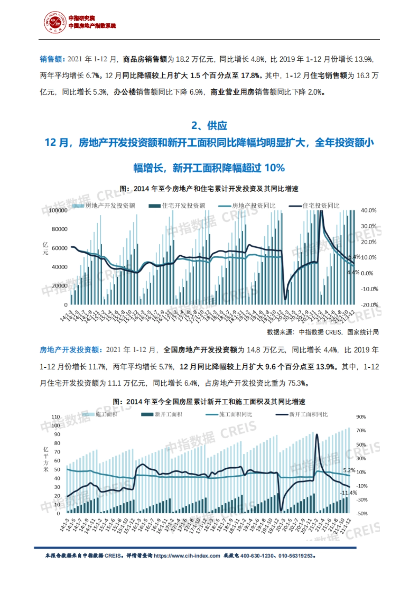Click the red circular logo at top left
(54, 22)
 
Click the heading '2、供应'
(209, 125)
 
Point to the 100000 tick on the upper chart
(58, 210)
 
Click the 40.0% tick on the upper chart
(368, 210)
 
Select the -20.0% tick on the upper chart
(369, 305)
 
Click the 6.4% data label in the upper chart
(354, 257)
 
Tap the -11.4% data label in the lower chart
(349, 493)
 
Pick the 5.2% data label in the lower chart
(349, 470)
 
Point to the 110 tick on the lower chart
(56, 417)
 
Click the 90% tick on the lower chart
(361, 417)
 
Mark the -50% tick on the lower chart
(361, 513)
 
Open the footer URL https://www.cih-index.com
(187, 556)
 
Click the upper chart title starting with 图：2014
(209, 189)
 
